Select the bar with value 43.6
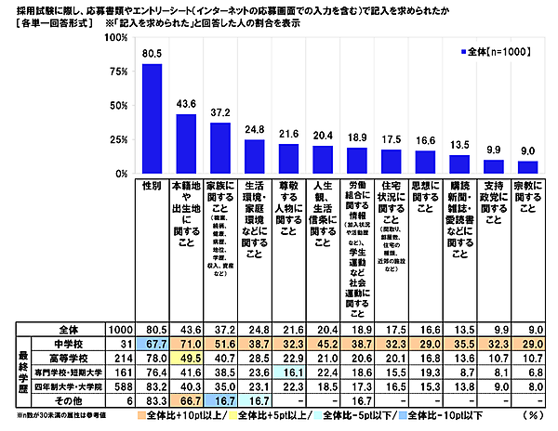(185, 144)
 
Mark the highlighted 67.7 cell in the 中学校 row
(153, 342)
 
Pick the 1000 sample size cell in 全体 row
(118, 329)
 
